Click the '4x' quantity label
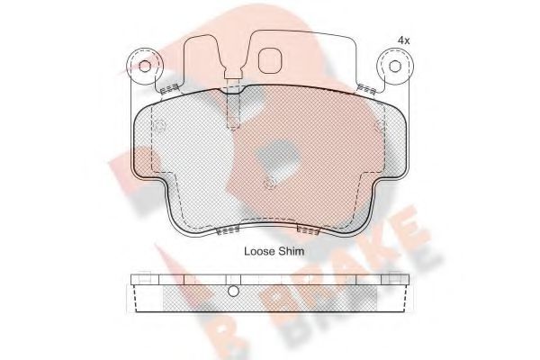tap(404, 40)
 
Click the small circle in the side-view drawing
tap(232, 291)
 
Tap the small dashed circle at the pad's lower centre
tap(270, 185)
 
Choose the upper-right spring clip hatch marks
tap(365, 88)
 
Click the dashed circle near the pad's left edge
tap(158, 125)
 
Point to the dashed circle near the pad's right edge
tap(379, 125)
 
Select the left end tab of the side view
tap(135, 290)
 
